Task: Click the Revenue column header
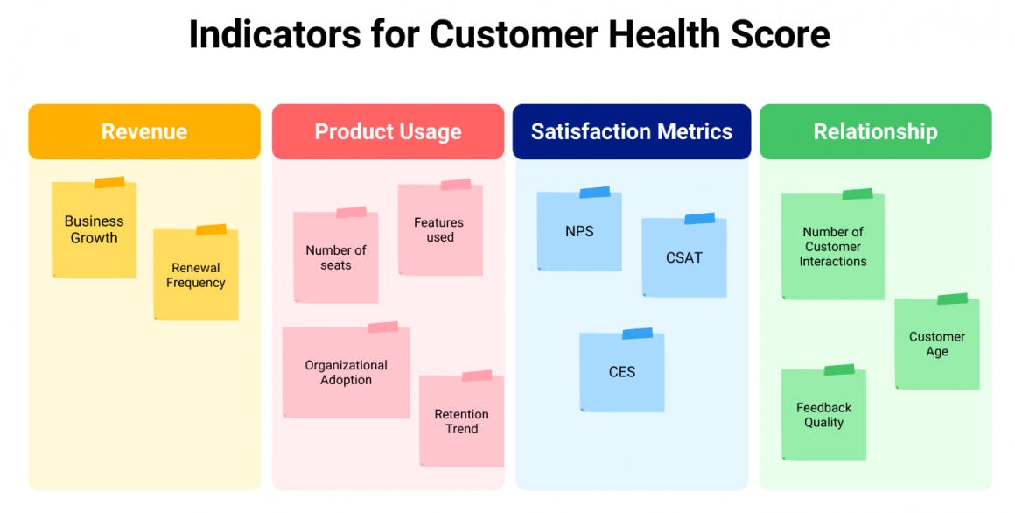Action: point(144,131)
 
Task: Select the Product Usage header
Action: point(388,131)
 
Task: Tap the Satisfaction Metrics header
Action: point(632,131)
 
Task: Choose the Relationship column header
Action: point(875,131)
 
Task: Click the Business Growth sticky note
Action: point(94,230)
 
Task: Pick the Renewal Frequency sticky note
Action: point(195,275)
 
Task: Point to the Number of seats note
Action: point(335,257)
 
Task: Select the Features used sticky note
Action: point(440,230)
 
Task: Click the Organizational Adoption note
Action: point(346,372)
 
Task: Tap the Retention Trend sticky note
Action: point(461,421)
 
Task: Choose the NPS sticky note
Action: point(579,231)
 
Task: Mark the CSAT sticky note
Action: point(684,257)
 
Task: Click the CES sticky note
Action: point(622,372)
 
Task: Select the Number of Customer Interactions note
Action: point(833,247)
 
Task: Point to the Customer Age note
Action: point(937,344)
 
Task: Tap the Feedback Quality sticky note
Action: point(823,415)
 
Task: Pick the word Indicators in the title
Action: point(275,33)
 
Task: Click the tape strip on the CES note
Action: point(638,334)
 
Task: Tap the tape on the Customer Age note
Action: point(953,299)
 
